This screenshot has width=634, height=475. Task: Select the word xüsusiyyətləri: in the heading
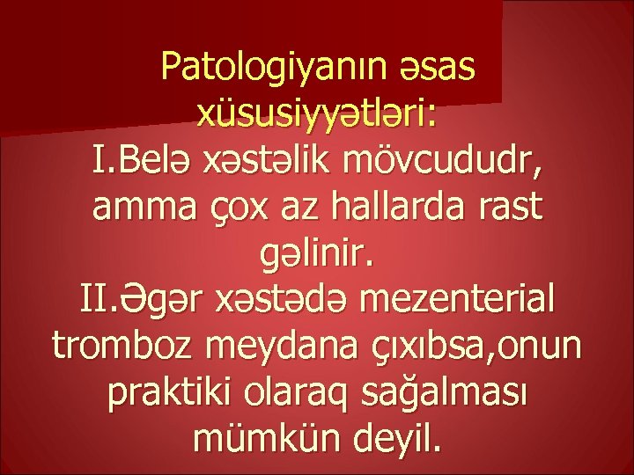pyautogui.click(x=317, y=116)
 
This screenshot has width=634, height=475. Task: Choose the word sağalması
pyautogui.click(x=460, y=396)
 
